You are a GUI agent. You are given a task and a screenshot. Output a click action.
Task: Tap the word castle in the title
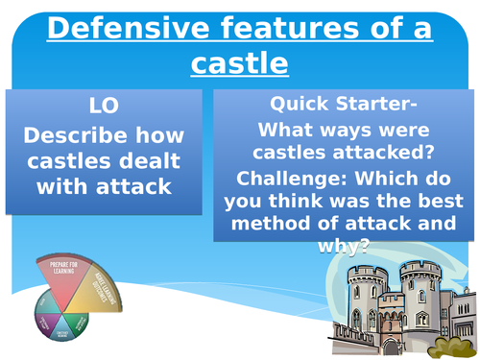pyautogui.click(x=239, y=63)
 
